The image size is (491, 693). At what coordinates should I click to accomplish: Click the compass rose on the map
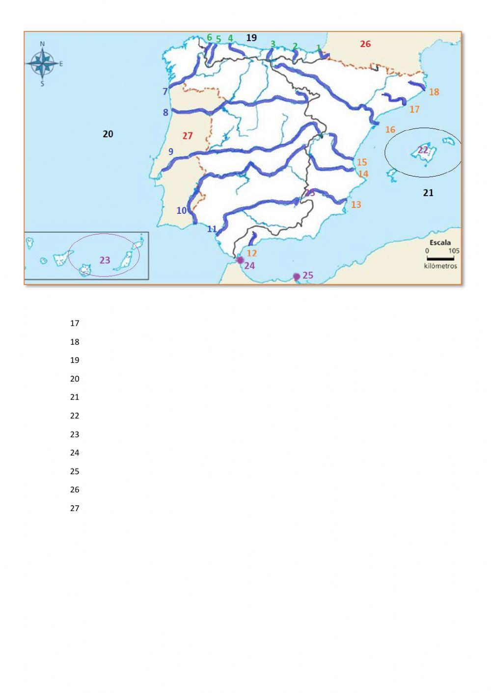[43, 63]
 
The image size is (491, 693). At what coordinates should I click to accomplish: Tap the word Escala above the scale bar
[440, 242]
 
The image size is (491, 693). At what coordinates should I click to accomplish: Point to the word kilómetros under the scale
[440, 266]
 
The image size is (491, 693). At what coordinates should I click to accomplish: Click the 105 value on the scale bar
[454, 251]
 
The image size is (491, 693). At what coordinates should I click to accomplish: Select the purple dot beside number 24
[240, 260]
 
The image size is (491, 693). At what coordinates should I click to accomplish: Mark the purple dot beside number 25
[297, 277]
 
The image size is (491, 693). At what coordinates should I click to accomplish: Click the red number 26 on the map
[365, 44]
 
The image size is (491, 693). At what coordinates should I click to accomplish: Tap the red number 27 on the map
[188, 136]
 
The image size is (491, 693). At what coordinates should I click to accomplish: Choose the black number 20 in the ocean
[108, 134]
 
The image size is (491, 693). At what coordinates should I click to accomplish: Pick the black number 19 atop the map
[251, 38]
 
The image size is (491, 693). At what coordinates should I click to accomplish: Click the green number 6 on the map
[209, 38]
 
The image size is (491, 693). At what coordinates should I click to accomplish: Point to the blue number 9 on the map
[171, 152]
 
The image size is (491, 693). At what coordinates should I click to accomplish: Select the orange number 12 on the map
[251, 253]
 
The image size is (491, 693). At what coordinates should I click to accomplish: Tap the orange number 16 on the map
[390, 129]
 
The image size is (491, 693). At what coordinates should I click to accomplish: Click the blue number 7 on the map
[165, 92]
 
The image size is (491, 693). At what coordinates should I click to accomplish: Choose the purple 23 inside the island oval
[105, 260]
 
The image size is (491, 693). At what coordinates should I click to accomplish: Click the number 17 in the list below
[75, 323]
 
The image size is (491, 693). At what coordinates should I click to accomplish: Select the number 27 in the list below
[75, 508]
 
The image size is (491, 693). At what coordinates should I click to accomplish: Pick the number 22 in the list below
[75, 416]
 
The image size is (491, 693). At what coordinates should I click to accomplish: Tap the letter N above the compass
[42, 44]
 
